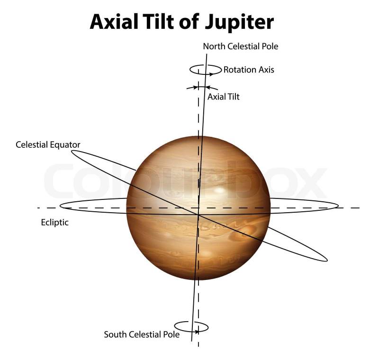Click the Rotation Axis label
tap(249, 70)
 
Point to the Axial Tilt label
tap(224, 97)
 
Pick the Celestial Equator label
tap(48, 144)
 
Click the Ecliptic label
tap(55, 222)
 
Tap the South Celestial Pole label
tap(142, 334)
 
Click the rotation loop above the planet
tap(206, 70)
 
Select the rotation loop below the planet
tap(191, 326)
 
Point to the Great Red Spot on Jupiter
tap(247, 231)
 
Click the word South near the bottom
tap(115, 334)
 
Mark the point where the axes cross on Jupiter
tap(198, 215)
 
